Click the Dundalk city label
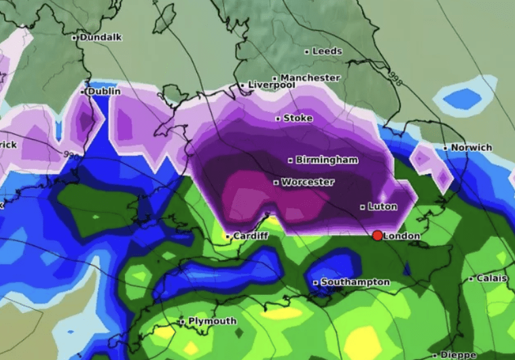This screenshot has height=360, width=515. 100,38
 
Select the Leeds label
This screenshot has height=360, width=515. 327,51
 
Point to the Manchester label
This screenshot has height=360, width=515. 310,78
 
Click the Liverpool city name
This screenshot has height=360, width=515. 271,85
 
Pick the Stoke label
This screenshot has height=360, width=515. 298,118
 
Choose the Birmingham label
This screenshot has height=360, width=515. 327,160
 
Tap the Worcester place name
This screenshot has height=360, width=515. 307,182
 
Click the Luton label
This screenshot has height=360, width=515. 382,206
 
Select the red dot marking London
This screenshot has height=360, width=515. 377,236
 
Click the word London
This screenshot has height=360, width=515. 402,236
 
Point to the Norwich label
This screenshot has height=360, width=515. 472,147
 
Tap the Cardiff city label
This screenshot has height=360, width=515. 251,236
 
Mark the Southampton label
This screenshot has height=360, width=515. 355,282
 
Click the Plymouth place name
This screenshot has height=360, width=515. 212,321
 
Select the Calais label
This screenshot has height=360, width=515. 491,278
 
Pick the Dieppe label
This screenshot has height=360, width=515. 458,355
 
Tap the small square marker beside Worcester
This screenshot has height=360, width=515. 276,183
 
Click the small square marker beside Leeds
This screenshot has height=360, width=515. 307,52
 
